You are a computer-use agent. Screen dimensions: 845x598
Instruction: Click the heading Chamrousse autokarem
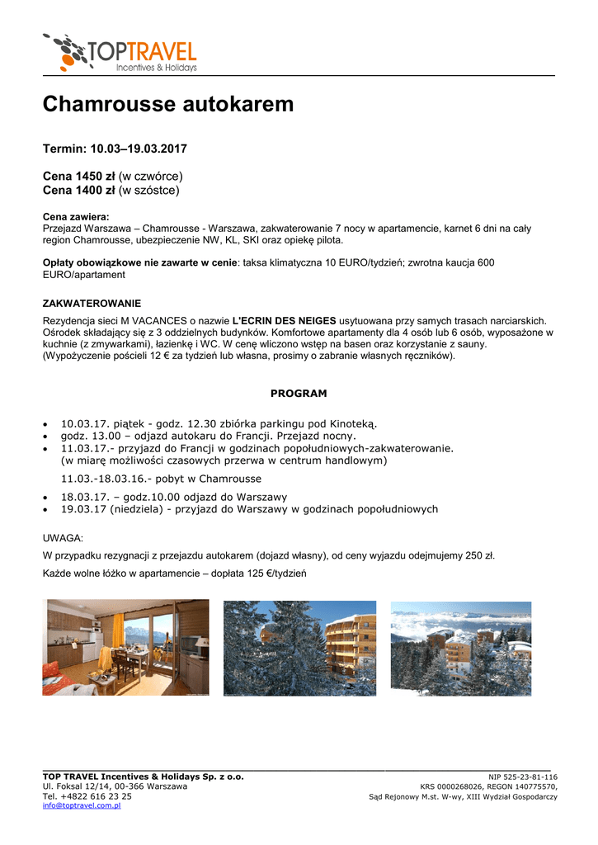coord(167,105)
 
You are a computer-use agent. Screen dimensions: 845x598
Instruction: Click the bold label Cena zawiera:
coord(76,216)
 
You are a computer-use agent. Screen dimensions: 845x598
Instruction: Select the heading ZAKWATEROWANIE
coord(92,304)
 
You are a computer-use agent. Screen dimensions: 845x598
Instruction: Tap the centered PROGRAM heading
coord(299,394)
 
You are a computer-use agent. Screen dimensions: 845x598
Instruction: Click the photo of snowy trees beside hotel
coord(299,649)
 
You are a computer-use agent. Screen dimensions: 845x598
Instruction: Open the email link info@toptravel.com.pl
coord(82,805)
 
